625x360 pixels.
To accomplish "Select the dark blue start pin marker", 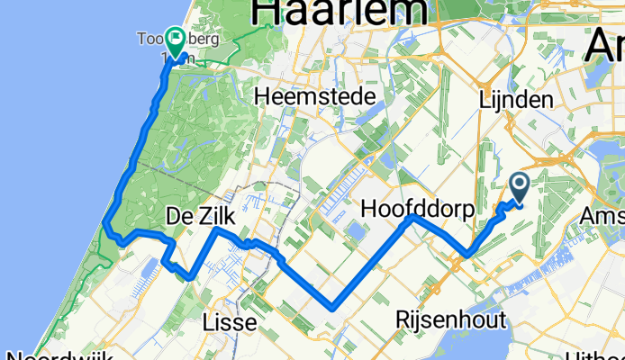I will [x=521, y=186].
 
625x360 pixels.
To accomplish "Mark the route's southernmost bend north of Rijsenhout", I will [x=334, y=307].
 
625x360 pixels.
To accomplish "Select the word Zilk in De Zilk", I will [x=213, y=216].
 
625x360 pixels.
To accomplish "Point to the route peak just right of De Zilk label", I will [x=215, y=230].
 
